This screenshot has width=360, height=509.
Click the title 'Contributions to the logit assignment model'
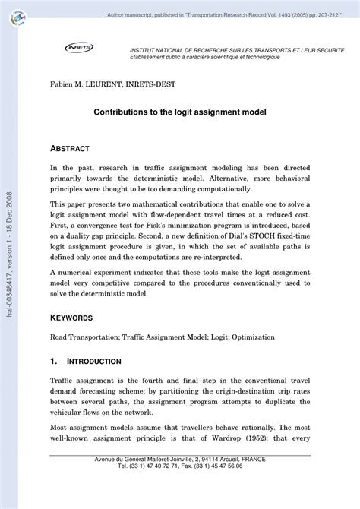pos(180,111)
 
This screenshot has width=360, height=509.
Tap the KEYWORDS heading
pos(71,318)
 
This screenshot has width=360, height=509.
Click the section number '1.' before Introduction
pos(54,361)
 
